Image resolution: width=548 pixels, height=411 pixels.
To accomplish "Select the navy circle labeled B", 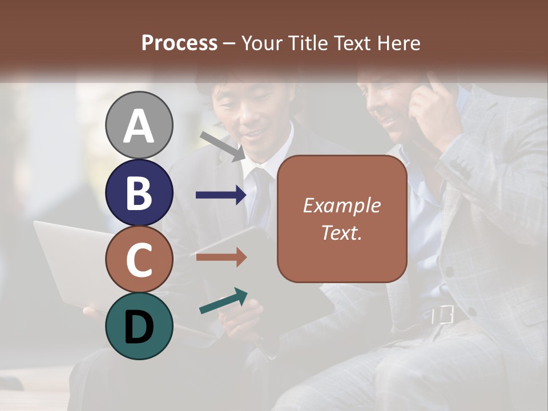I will pyautogui.click(x=139, y=192).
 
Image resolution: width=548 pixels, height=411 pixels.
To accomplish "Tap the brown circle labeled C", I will pyautogui.click(x=139, y=259).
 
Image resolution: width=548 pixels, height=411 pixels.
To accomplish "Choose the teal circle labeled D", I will pyautogui.click(x=139, y=326).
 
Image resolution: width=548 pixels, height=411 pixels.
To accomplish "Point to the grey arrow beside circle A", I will pyautogui.click(x=223, y=146).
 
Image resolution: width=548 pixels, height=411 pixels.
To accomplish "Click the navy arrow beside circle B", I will pyautogui.click(x=221, y=195).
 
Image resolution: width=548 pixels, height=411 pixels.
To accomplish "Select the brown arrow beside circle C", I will pyautogui.click(x=221, y=257).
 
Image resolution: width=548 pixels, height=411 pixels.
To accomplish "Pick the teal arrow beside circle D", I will pyautogui.click(x=223, y=301).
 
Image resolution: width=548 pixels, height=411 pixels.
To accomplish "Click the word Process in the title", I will pyautogui.click(x=179, y=43).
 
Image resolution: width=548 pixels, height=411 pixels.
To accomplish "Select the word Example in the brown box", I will pyautogui.click(x=342, y=205).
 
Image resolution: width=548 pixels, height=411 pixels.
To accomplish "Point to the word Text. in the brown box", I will pyautogui.click(x=342, y=232).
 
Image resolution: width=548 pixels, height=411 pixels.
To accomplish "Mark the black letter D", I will pyautogui.click(x=139, y=328).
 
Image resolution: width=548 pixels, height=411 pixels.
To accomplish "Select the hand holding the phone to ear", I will pyautogui.click(x=434, y=108).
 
